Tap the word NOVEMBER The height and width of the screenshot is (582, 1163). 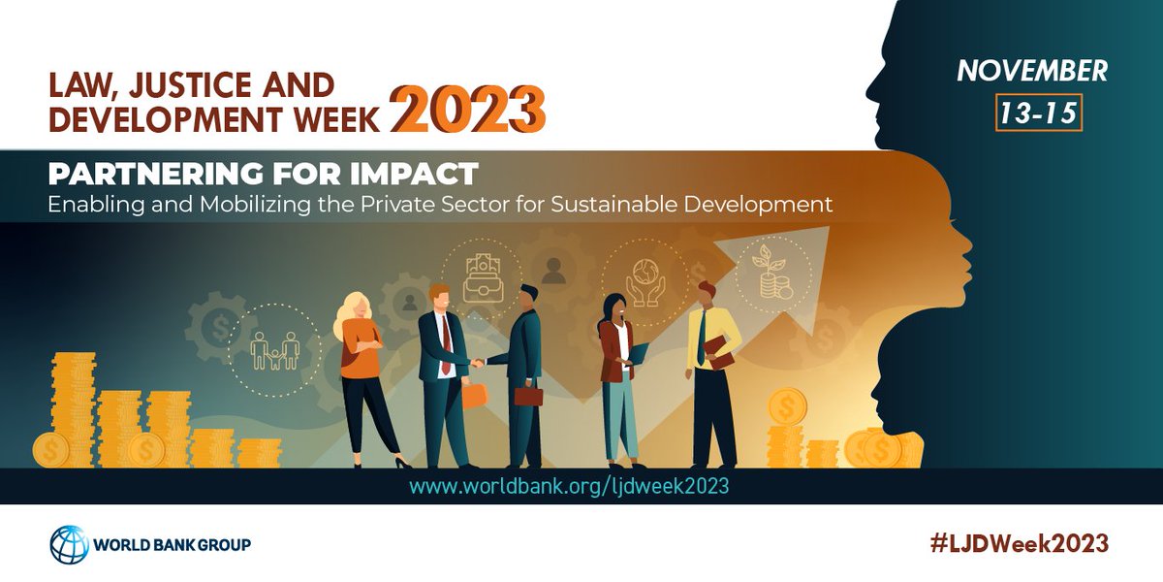coord(1031,71)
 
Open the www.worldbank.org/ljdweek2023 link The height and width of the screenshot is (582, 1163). coord(568,486)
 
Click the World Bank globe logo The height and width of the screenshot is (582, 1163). coord(69,544)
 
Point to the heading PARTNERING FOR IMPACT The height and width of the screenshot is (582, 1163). coord(264,175)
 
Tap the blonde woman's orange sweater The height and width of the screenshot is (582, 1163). coord(359,349)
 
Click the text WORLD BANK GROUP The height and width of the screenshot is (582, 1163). coord(172,544)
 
